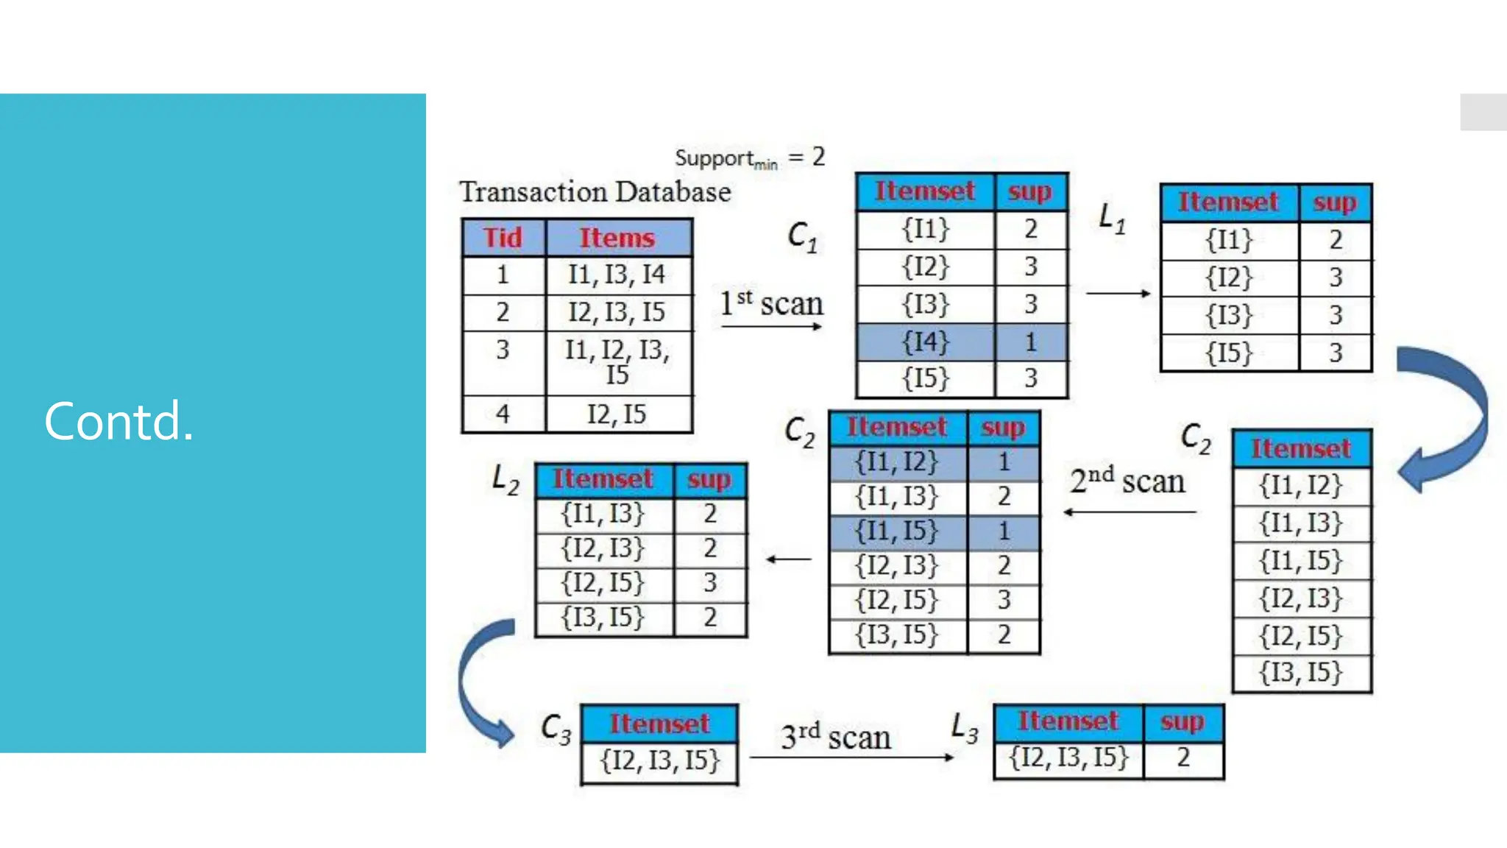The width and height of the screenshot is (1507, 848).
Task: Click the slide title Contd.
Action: (x=118, y=421)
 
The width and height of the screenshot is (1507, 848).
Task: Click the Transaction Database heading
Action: (x=595, y=192)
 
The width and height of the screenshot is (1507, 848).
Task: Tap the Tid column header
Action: (x=503, y=238)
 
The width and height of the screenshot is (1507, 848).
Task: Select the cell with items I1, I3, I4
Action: (x=617, y=275)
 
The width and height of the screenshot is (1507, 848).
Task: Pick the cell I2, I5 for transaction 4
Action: (x=617, y=414)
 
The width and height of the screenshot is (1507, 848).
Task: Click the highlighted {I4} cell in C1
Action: (x=926, y=342)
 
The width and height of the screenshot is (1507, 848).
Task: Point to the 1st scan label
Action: (x=771, y=303)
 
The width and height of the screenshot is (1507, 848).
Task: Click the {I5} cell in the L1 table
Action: (x=1229, y=353)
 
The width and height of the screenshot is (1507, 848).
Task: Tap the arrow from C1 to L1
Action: (x=1118, y=293)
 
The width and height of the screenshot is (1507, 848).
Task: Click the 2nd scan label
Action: (x=1127, y=481)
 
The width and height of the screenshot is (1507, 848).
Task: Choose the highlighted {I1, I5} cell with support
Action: (x=896, y=531)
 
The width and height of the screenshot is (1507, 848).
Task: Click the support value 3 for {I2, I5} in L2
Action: (x=709, y=583)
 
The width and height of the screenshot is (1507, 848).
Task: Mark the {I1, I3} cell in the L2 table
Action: (x=603, y=513)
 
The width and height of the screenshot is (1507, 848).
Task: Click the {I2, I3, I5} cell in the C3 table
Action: (x=659, y=761)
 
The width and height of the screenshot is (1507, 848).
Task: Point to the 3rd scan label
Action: (x=836, y=736)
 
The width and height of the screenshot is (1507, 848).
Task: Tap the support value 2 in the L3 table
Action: (x=1183, y=757)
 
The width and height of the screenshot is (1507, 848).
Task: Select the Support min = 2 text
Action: (x=749, y=158)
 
